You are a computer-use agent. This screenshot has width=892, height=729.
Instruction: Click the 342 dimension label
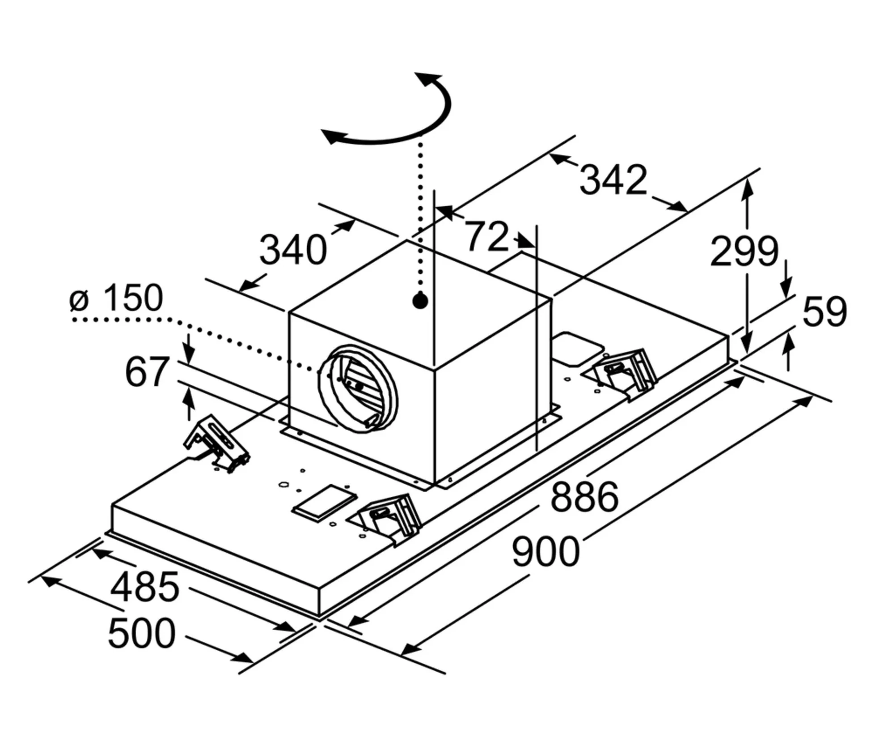pos(613,180)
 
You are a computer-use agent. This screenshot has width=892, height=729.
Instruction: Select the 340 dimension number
pos(293,250)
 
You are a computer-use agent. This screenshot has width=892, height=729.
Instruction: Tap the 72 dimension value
pos(488,236)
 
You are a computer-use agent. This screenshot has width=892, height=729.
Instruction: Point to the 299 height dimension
pos(744,252)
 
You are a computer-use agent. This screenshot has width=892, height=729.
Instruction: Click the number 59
pos(824,311)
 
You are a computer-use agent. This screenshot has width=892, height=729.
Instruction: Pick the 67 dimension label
pos(147,371)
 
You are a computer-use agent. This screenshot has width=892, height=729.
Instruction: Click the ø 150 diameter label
pos(116,298)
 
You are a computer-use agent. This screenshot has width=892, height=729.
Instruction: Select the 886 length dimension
pos(584,497)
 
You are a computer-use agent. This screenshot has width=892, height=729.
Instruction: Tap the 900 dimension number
pos(545,553)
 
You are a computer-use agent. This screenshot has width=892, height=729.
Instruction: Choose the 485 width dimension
pos(145,587)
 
